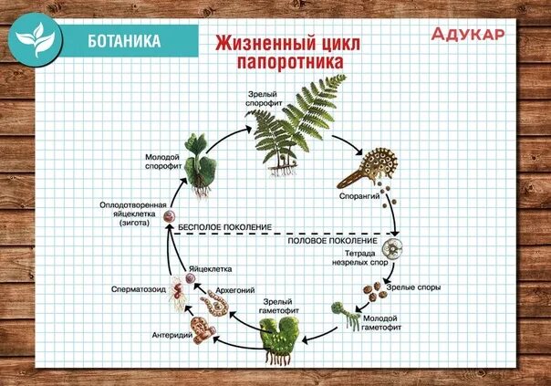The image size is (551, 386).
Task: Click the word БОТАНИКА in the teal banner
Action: [124, 41]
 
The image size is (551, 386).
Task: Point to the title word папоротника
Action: [289, 62]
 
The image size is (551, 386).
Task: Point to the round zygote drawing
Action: [169, 217]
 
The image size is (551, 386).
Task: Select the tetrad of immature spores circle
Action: [393, 249]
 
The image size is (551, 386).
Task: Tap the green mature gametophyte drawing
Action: [277, 339]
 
